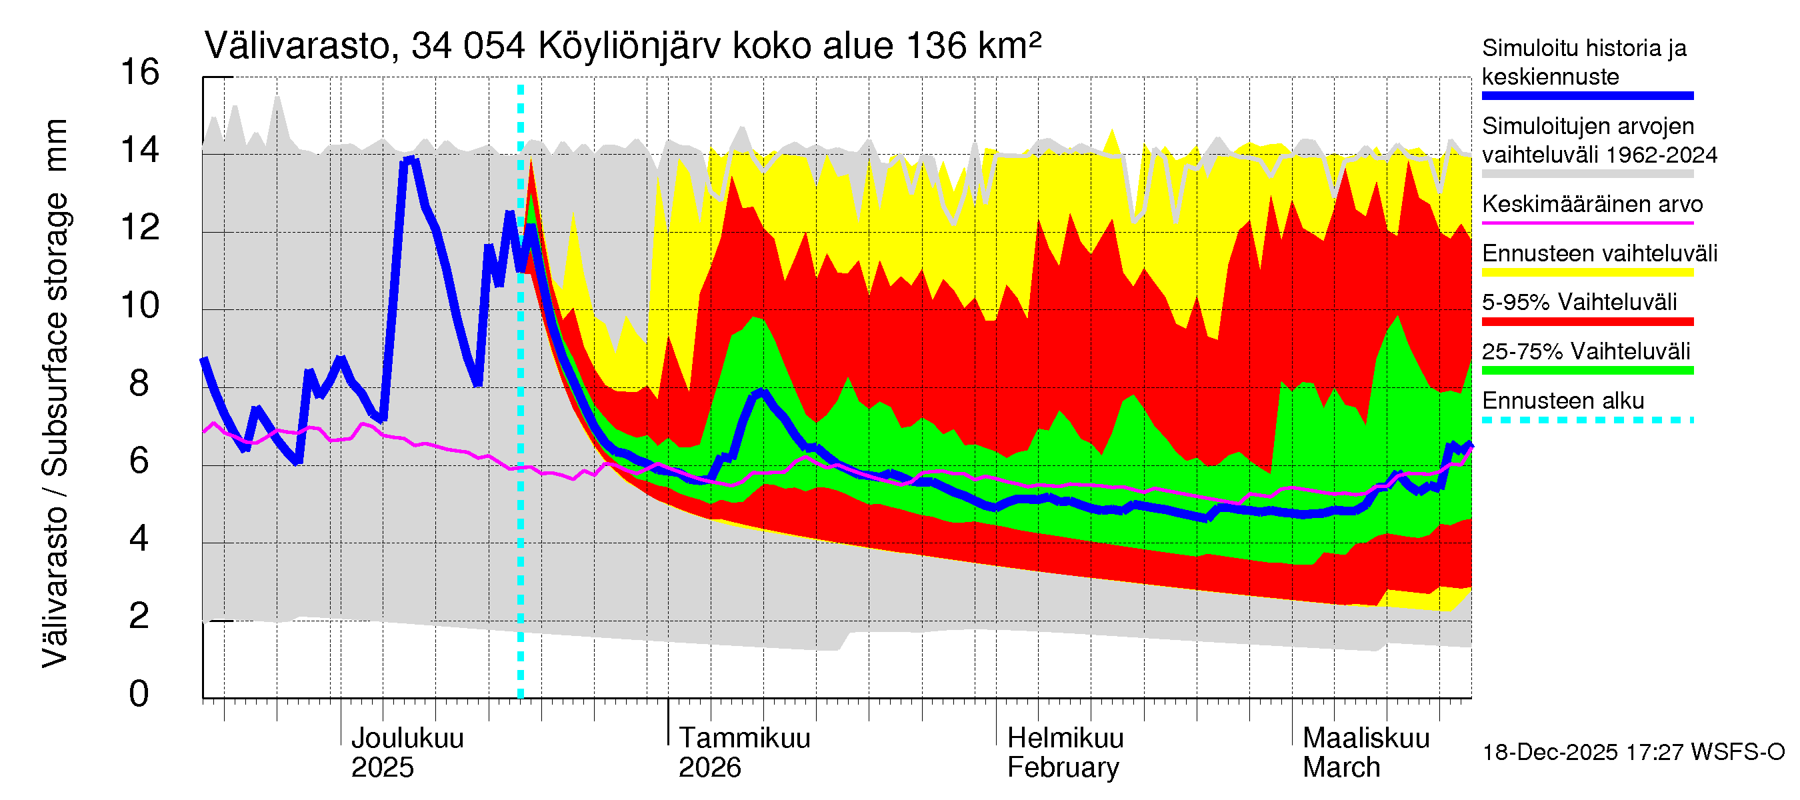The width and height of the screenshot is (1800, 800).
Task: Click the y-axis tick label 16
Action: (x=140, y=72)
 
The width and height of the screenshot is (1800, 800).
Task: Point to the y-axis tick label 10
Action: (x=140, y=305)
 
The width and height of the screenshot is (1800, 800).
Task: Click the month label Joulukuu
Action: (x=407, y=739)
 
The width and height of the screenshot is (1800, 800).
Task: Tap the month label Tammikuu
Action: (x=744, y=739)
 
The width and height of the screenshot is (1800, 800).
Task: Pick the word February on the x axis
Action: (x=1062, y=768)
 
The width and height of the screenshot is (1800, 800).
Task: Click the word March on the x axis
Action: (x=1341, y=768)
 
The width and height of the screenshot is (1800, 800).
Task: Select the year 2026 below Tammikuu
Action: (x=709, y=768)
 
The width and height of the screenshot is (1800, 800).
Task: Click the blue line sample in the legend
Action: (x=1587, y=96)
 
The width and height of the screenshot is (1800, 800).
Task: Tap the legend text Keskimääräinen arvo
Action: (x=1592, y=204)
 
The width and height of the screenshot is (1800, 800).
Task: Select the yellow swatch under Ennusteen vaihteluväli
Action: (x=1587, y=273)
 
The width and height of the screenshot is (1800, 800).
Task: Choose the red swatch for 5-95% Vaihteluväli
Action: (x=1587, y=321)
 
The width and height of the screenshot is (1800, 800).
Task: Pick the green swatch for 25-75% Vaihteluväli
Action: (x=1587, y=370)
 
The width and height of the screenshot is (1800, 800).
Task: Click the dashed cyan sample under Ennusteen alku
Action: (x=1587, y=420)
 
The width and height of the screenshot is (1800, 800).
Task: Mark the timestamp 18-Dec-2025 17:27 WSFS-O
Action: (x=1633, y=753)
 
